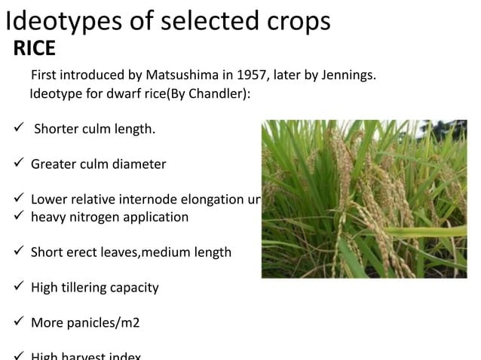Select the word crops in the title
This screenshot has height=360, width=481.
coord(293,20)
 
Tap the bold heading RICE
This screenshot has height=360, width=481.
coord(34,50)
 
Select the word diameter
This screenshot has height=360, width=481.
coord(139,163)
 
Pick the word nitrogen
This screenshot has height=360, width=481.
coord(92,218)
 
